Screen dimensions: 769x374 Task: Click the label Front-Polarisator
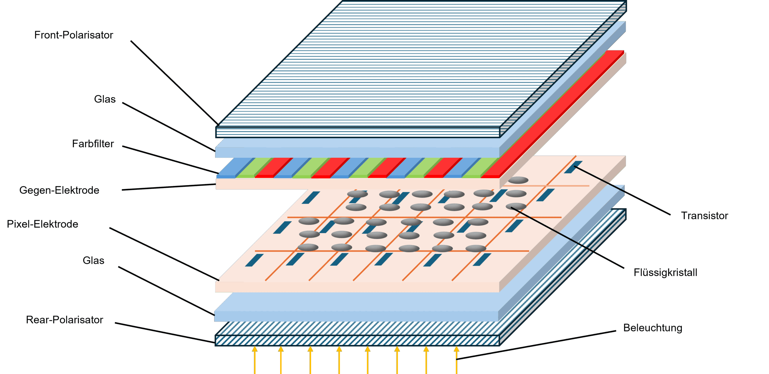tap(74, 35)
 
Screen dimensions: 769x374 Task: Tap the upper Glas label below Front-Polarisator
tap(105, 99)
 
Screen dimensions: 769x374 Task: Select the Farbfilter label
tap(93, 144)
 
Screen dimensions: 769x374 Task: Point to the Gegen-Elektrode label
tap(59, 190)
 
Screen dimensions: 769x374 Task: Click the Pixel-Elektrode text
tap(42, 224)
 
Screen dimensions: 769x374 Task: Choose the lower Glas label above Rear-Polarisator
tap(93, 260)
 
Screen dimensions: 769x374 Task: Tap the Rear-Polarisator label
tap(65, 320)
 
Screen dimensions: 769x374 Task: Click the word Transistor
tap(704, 216)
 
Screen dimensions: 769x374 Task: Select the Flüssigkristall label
tap(665, 272)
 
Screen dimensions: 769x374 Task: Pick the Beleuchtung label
tap(653, 328)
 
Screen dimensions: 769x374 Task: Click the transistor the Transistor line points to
tap(573, 167)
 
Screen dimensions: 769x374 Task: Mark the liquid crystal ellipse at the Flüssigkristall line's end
tap(516, 206)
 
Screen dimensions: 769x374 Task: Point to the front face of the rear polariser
tap(357, 340)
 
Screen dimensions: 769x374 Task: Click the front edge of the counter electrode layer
tap(357, 184)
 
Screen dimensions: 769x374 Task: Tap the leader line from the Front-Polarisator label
tap(175, 83)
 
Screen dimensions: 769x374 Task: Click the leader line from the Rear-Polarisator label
tap(165, 333)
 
